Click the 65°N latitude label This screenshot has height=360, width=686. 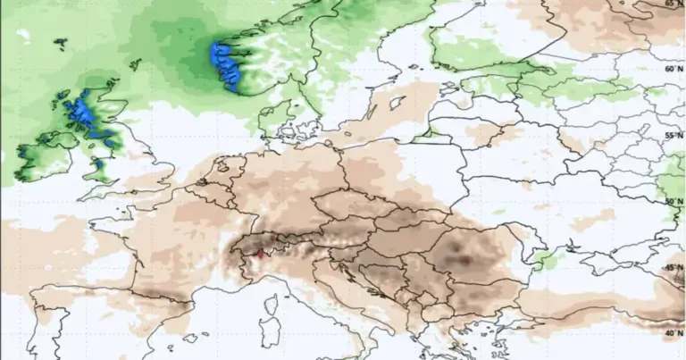[x=673, y=4]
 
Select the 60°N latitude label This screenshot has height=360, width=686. [x=673, y=69]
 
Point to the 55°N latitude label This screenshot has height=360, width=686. [x=673, y=136]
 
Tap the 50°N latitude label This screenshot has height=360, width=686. [x=673, y=202]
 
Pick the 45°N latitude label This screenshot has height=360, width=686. [x=673, y=268]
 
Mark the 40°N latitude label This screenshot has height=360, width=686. [x=673, y=333]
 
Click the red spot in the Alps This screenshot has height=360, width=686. [x=259, y=255]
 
